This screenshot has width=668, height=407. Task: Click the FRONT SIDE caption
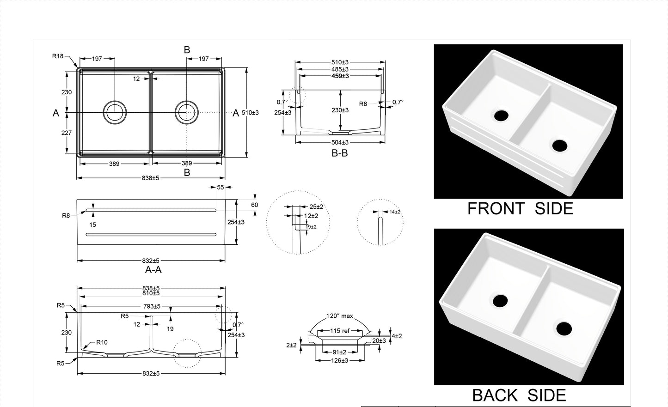pos(520,209)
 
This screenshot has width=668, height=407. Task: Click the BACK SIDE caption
pos(519,395)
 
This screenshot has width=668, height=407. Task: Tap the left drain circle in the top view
pos(114,112)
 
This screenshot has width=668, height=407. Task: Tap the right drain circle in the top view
pos(187,112)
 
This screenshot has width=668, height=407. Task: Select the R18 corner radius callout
pos(58,56)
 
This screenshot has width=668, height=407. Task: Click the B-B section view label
pos(340,153)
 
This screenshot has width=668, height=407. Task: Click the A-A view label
pos(153,270)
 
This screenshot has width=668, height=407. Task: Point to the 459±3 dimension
pos(340,76)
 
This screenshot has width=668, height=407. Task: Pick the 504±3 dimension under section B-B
pos(340,142)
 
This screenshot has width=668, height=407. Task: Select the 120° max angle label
pos(340,316)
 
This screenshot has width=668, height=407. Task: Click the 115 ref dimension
pos(340,331)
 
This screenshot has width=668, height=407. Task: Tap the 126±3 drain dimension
pos(340,360)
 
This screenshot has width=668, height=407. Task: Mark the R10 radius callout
pos(102,342)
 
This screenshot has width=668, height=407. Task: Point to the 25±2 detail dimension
pos(317,207)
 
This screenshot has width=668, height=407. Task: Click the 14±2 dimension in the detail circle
pos(395,212)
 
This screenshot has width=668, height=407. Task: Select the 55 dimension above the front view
pos(221,187)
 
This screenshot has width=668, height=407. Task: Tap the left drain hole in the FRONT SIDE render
pos(501,115)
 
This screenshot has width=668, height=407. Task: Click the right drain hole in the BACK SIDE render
pos(564,328)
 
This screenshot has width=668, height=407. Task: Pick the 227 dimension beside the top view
pos(67,133)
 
